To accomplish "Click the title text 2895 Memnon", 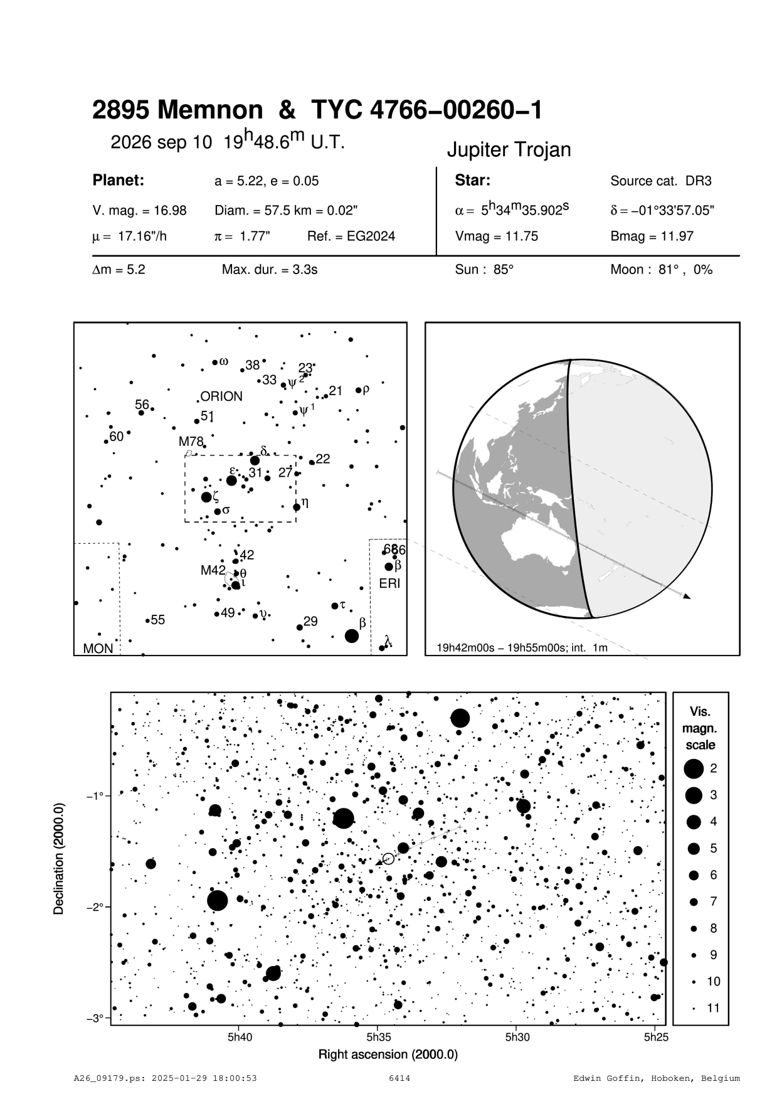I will tap(177, 111).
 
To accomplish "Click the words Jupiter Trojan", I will tap(508, 150).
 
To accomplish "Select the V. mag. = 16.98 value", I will tap(139, 211).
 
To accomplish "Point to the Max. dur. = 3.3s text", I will tap(270, 270).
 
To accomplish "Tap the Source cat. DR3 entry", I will tap(661, 181).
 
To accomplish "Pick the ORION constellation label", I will tap(221, 396).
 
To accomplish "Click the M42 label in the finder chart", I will tap(213, 570).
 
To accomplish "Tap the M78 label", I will tap(191, 442).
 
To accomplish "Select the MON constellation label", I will tap(98, 649).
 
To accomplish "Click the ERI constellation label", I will tap(389, 584).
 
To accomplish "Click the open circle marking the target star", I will tap(388, 858).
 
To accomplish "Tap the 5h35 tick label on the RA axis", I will tap(379, 1037).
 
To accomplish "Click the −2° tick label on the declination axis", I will tap(95, 907).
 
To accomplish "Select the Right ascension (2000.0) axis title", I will tap(388, 1054).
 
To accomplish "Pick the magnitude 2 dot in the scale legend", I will tap(693, 768).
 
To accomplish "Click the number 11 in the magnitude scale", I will tap(713, 1008).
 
